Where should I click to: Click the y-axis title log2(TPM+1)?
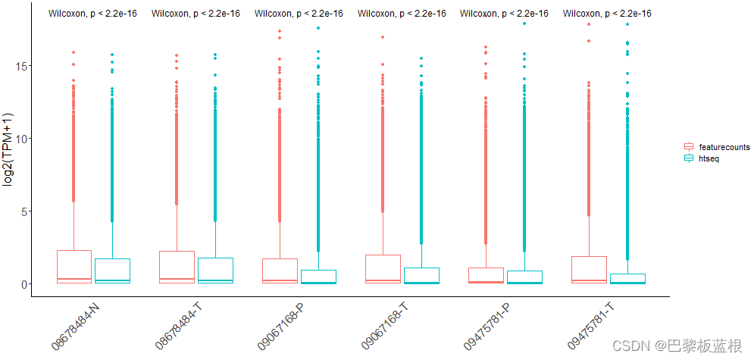pyautogui.click(x=9, y=149)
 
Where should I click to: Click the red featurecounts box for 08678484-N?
pyautogui.click(x=74, y=266)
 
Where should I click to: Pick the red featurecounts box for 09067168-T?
pyautogui.click(x=383, y=268)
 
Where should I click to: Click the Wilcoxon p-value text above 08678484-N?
pyautogui.click(x=92, y=13)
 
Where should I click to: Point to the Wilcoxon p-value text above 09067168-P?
pyautogui.click(x=299, y=13)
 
